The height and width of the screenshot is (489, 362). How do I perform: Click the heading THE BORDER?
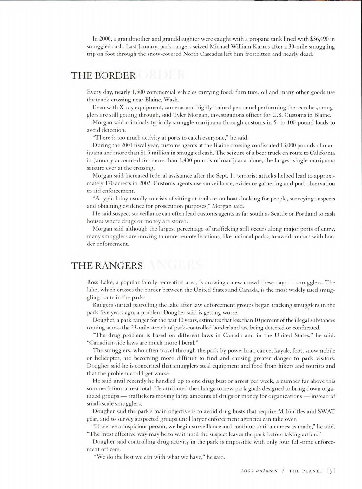(x=103, y=76)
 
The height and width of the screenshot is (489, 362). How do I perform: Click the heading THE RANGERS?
(x=107, y=265)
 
